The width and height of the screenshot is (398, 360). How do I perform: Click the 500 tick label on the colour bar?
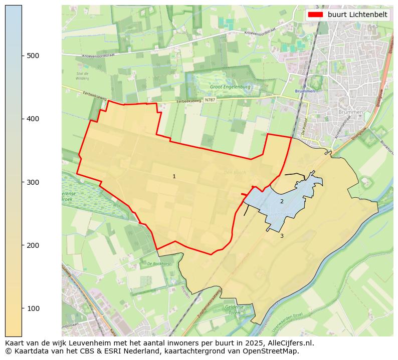33,56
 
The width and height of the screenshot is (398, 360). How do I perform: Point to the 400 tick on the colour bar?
33,119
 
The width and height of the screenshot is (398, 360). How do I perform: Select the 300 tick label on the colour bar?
33,182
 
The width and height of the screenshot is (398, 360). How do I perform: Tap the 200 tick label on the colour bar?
33,245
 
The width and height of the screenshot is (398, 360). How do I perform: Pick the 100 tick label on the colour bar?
33,308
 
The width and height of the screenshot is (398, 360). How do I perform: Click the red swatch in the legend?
316,15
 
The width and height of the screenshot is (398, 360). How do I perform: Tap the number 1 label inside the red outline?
174,176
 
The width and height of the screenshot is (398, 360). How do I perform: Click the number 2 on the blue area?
282,201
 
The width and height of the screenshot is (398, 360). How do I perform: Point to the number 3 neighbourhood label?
282,236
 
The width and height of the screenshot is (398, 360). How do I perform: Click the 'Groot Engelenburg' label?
230,87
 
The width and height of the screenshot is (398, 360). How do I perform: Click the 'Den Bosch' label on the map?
235,173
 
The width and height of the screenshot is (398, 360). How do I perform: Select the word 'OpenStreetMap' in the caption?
273,351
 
